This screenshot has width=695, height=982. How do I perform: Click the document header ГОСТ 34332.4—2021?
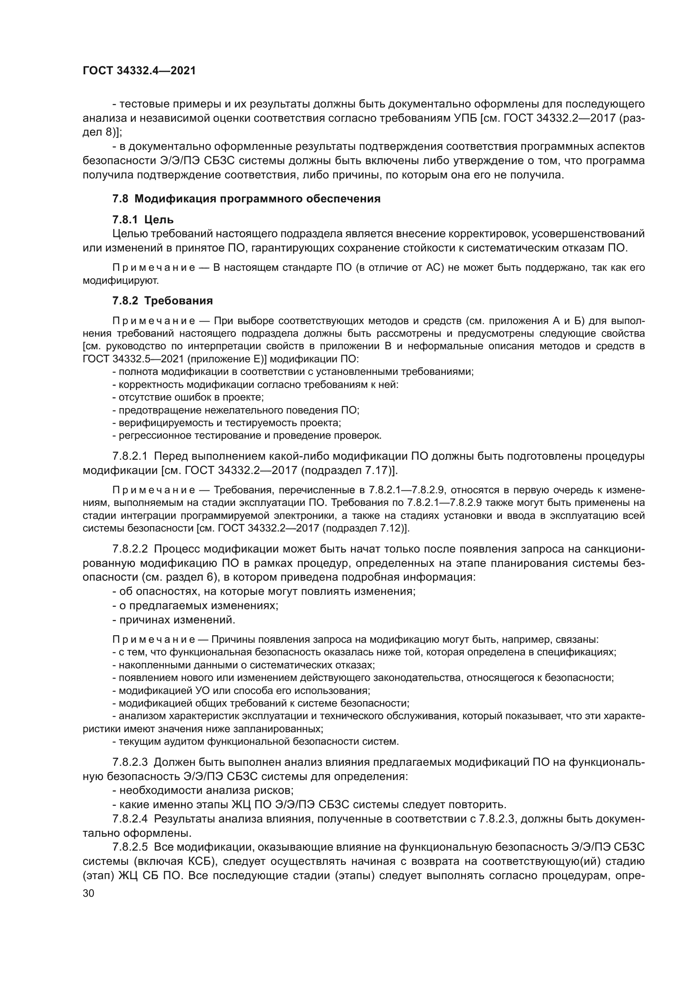(x=139, y=71)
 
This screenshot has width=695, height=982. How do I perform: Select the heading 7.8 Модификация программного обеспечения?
(x=246, y=199)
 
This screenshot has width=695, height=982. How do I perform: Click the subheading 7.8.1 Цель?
(x=143, y=220)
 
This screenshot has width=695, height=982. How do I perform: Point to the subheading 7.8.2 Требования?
(x=163, y=301)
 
